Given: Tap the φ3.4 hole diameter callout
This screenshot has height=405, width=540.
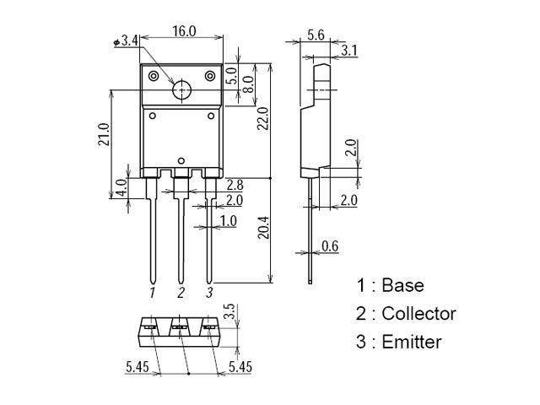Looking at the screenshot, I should click(x=124, y=40).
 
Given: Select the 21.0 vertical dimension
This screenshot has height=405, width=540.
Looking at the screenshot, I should click(x=103, y=134).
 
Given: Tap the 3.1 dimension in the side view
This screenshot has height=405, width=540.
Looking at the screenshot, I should click(x=349, y=51).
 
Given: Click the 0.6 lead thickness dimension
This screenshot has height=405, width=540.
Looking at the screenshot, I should click(x=330, y=246).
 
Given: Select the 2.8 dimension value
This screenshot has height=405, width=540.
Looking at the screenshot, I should click(x=235, y=184).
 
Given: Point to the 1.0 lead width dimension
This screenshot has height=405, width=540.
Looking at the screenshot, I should click(x=228, y=221).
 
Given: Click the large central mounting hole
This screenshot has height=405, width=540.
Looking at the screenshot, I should click(x=181, y=91).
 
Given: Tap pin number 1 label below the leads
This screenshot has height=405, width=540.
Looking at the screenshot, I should click(x=153, y=293).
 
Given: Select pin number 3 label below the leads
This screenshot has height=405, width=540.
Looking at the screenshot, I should click(x=209, y=293).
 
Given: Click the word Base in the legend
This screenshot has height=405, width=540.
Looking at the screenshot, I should click(x=402, y=285).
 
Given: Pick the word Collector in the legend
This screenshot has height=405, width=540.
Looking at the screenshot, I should click(x=418, y=314).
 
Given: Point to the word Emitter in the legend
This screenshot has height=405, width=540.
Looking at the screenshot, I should click(x=412, y=342).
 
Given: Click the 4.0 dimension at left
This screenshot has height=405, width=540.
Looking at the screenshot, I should click(x=121, y=186).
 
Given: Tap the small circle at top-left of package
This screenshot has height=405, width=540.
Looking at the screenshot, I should click(x=154, y=77).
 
